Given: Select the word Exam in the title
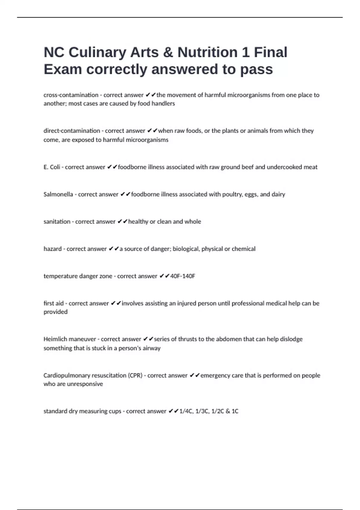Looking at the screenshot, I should point(63,69).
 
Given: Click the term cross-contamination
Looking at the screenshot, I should point(71,95).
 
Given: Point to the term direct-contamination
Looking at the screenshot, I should point(72,131).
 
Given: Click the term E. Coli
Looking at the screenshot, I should point(52,167).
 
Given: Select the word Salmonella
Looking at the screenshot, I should point(58,194).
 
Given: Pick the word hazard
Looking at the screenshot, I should point(52,249).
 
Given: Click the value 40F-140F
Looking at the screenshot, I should point(182,276).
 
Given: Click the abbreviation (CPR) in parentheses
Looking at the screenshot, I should point(135,376).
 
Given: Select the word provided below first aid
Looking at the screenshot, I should point(55,312).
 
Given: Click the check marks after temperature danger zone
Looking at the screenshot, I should point(164,276).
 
